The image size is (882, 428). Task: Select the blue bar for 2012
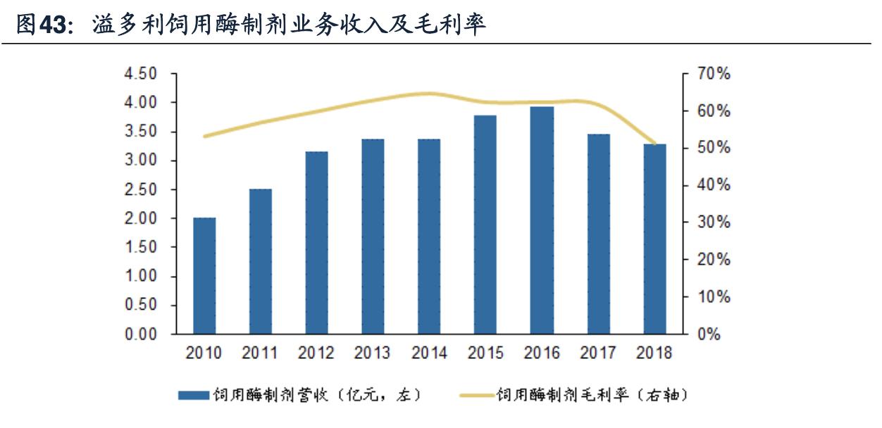317,242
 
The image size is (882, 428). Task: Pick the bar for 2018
655,239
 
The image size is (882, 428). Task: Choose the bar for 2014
430,236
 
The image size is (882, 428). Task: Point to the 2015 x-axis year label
486,353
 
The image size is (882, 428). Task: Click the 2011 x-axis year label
261,353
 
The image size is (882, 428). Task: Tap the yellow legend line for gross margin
477,395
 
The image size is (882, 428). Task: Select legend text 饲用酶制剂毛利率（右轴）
592,395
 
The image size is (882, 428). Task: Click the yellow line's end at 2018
655,144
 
